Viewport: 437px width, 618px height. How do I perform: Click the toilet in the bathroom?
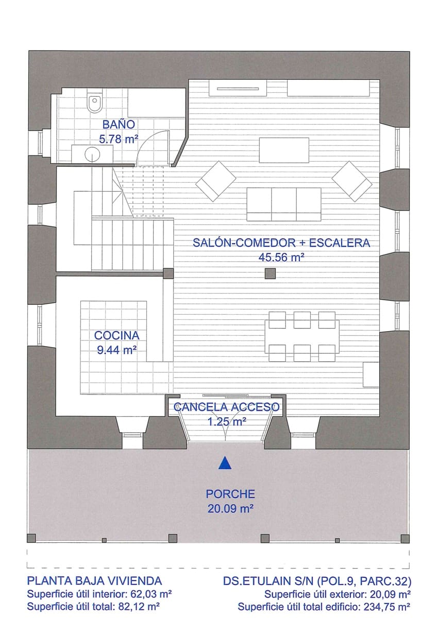click(95, 104)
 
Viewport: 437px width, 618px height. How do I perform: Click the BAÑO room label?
click(119, 124)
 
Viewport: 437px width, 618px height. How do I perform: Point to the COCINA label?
click(116, 335)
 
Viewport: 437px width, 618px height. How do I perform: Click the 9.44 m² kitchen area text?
click(116, 350)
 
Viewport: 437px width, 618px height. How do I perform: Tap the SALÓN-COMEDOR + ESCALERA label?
click(281, 243)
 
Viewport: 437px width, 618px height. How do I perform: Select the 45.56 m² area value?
click(281, 257)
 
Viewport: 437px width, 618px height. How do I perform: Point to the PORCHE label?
click(230, 494)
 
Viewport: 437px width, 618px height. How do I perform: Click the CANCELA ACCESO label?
click(227, 407)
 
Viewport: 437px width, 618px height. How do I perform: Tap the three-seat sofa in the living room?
click(284, 204)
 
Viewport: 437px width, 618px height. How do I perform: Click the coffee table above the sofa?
click(284, 150)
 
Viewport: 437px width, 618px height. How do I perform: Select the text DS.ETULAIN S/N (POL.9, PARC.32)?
click(317, 581)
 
